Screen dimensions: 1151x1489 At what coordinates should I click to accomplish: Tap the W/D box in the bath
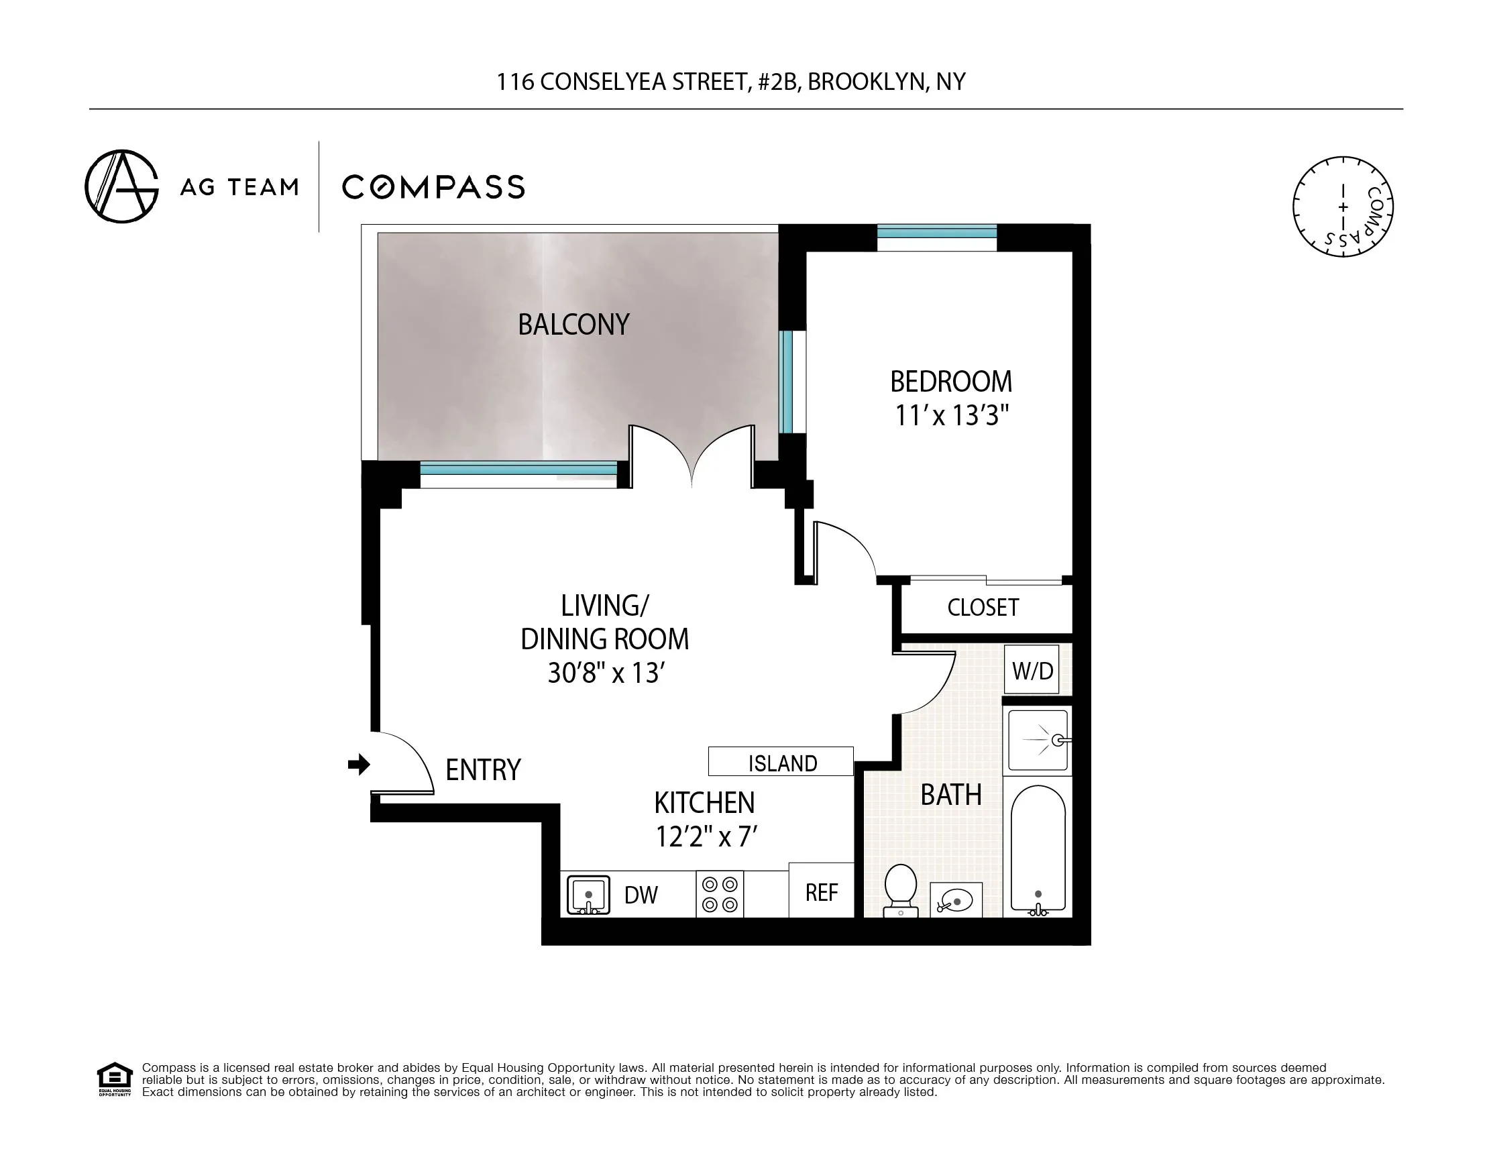(x=1032, y=671)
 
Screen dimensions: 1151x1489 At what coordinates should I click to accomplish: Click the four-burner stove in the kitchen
(x=720, y=894)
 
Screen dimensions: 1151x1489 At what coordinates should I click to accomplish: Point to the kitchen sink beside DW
(x=588, y=895)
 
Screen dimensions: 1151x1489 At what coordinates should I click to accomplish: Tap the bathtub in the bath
(x=1038, y=849)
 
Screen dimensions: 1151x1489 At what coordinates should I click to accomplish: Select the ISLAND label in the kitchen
(x=782, y=763)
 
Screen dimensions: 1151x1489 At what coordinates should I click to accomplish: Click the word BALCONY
(x=573, y=325)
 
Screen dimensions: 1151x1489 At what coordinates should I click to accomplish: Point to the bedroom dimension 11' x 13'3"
(x=951, y=415)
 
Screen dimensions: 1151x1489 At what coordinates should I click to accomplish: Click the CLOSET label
(x=983, y=608)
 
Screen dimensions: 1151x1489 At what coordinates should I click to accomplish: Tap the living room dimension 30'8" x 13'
(x=606, y=673)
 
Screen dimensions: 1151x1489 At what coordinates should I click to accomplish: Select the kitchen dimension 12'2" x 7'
(x=706, y=836)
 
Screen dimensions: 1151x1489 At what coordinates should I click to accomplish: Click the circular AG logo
(x=121, y=186)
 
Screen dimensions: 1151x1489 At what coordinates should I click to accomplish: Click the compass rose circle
(x=1342, y=207)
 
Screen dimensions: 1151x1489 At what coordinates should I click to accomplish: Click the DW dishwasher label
(x=641, y=895)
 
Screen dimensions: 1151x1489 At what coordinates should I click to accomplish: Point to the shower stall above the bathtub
(x=1038, y=740)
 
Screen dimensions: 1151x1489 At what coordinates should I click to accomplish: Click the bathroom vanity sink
(x=956, y=901)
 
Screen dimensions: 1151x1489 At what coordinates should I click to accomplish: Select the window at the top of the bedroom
(x=937, y=232)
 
